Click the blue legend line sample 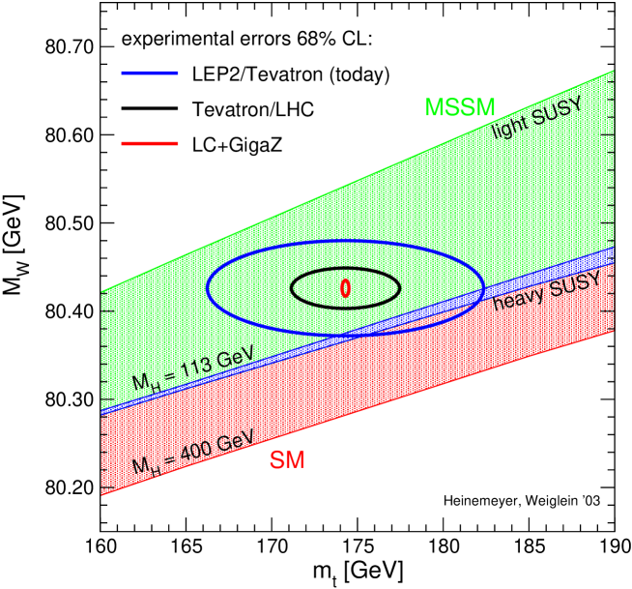pos(150,73)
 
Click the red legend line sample pos(150,144)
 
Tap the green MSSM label pos(459,108)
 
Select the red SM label pos(287,461)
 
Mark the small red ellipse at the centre pos(345,287)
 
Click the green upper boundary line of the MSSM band pos(358,180)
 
